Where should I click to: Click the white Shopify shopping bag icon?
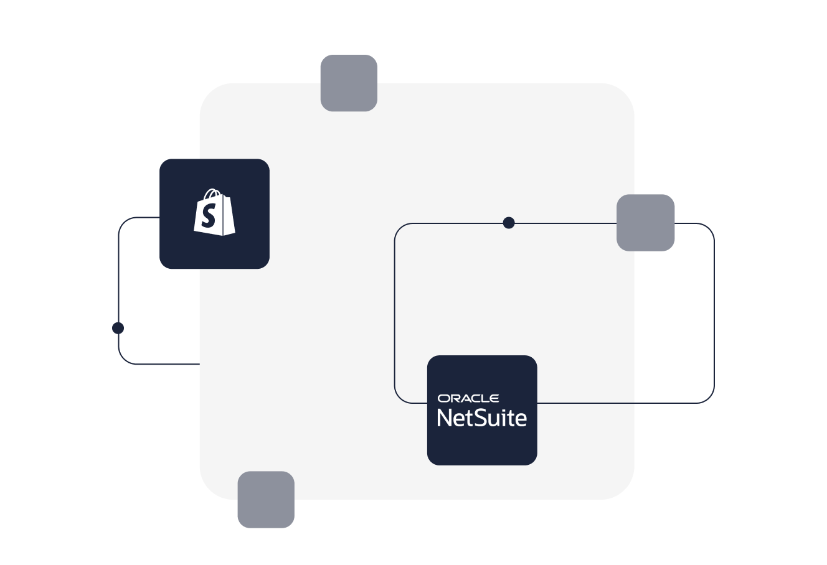[214, 213]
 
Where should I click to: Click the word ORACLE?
[468, 398]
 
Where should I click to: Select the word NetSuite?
[482, 418]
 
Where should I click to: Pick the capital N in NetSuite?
[445, 418]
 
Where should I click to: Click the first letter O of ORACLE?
[443, 398]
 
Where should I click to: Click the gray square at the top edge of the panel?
[349, 83]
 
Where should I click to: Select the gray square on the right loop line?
[645, 223]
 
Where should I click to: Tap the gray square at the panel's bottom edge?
[266, 499]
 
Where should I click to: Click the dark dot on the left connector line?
[118, 328]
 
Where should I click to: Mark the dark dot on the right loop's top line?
[509, 223]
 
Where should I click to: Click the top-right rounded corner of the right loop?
[709, 228]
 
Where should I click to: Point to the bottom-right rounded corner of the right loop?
[709, 398]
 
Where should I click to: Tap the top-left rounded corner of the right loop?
[400, 228]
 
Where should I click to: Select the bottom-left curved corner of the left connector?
[124, 358]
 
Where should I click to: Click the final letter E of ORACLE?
[494, 398]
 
